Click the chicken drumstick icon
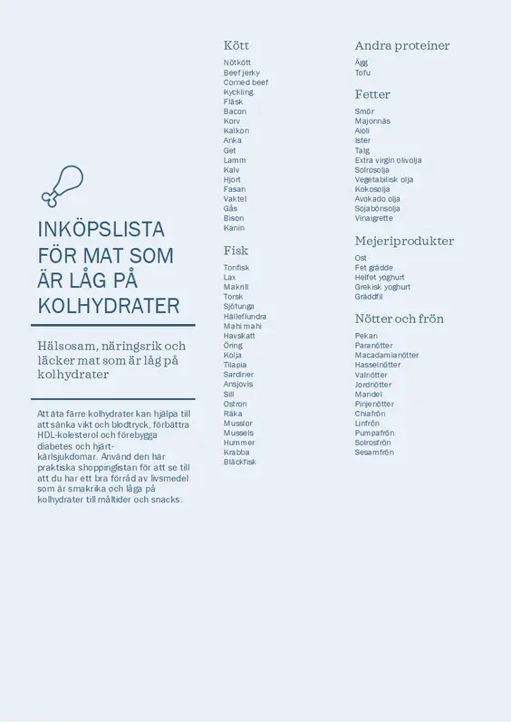point(62,186)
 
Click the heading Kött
point(236,45)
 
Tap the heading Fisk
point(236,250)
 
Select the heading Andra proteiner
point(401,45)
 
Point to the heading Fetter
point(372,94)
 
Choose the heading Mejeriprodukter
point(404,241)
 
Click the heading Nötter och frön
point(399,319)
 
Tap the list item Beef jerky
point(241,72)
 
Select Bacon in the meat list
point(235,111)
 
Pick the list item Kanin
point(234,228)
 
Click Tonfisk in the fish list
point(236,268)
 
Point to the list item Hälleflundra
point(245,317)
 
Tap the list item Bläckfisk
point(240,462)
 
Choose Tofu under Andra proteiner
point(362,72)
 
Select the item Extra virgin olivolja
point(388,160)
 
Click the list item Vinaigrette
point(373,218)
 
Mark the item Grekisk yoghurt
point(382,287)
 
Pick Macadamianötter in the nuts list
point(386,356)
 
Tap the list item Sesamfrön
point(374,452)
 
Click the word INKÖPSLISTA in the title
point(101,229)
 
